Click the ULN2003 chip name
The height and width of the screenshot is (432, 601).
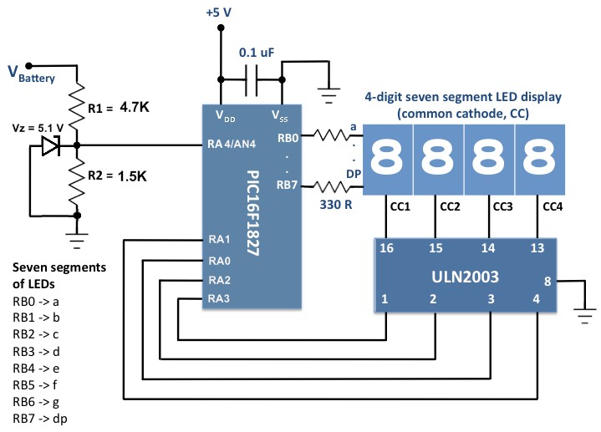459,277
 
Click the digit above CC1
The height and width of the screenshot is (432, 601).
385,157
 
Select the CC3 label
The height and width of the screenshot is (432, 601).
503,206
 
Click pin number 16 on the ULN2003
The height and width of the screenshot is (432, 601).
385,249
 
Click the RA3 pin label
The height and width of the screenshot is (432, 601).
218,297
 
